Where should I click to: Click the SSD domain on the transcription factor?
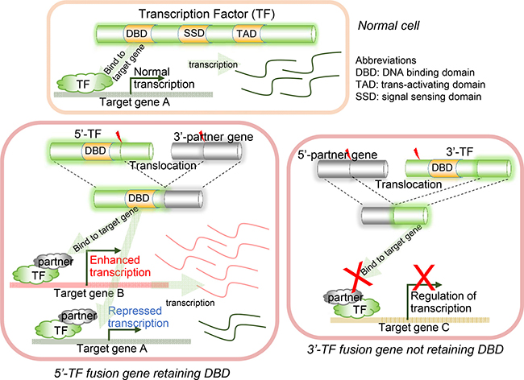[x=194, y=33]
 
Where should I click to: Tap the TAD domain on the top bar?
[x=247, y=34]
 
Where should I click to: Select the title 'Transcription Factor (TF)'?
[x=206, y=14]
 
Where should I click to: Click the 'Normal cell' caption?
[x=389, y=26]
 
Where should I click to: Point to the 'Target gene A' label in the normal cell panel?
[x=135, y=101]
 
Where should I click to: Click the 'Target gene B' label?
[x=89, y=293]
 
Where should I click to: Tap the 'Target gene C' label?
[x=414, y=328]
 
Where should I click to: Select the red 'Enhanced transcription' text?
[x=120, y=266]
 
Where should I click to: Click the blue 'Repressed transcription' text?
[x=138, y=317]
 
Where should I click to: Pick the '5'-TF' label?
[x=88, y=134]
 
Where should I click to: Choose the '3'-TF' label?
[x=460, y=152]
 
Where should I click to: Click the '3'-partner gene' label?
[x=213, y=137]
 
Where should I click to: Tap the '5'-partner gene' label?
[x=338, y=155]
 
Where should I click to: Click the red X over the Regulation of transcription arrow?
[x=424, y=277]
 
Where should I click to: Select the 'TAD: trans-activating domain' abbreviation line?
[x=420, y=85]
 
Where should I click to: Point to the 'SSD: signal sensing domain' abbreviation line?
[x=418, y=97]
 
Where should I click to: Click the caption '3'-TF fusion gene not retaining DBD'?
[x=405, y=349]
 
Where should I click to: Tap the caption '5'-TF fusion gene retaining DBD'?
[x=142, y=373]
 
